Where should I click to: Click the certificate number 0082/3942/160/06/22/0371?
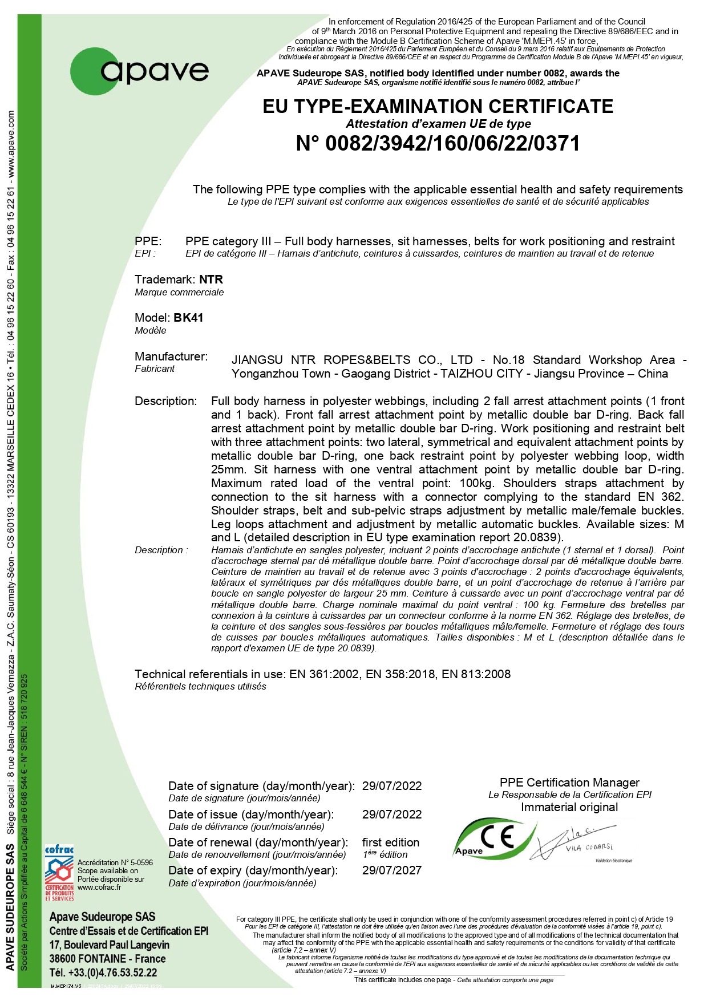[438, 144]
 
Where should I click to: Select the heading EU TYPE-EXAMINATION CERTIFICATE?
[438, 107]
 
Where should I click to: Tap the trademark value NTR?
[211, 279]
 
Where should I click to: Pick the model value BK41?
[188, 318]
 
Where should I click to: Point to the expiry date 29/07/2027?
[391, 870]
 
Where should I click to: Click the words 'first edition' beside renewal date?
[390, 842]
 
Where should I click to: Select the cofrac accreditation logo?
[59, 873]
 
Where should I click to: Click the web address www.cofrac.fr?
[99, 887]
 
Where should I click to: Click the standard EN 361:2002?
[324, 674]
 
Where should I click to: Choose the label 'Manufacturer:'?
[171, 356]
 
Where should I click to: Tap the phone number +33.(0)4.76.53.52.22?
[103, 972]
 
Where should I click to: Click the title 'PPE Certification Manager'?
[569, 783]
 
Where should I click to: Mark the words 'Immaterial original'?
[569, 807]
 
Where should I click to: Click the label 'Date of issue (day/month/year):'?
[250, 814]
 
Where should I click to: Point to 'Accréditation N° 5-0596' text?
[115, 862]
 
